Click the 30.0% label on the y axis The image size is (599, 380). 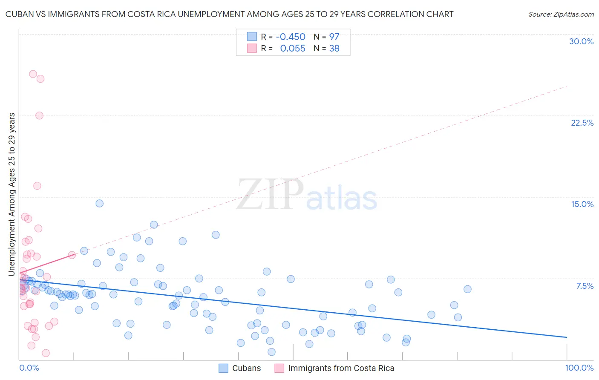581,41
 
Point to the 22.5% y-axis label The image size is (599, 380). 582,123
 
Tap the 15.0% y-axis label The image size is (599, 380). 582,204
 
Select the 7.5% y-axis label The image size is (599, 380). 585,286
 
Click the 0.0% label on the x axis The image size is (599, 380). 29,368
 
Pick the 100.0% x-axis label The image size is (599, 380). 579,368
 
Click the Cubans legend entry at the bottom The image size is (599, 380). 246,368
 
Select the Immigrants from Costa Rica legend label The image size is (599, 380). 341,368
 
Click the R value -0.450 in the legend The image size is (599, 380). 291,37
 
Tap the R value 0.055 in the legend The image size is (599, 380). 293,49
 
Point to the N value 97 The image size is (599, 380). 334,37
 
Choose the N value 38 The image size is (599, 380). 334,49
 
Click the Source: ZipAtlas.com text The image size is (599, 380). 561,14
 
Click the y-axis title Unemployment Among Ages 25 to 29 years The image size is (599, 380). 12,194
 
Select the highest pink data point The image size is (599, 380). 33,74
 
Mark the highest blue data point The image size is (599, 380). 99,203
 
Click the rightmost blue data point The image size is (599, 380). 467,289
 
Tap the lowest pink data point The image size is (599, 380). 46,353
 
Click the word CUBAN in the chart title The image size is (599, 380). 19,14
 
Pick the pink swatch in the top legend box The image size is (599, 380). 252,49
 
